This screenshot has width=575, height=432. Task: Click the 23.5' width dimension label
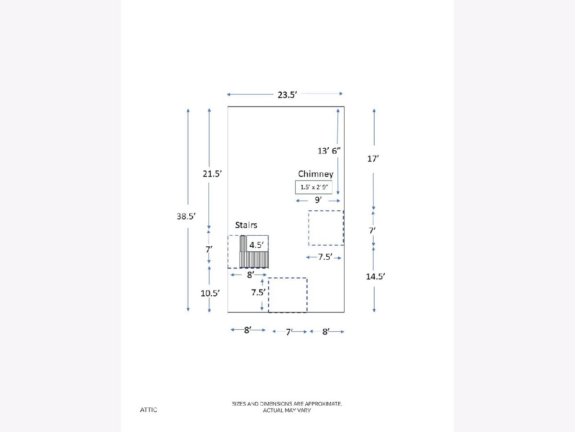[287, 95]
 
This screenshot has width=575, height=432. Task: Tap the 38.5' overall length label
[186, 216]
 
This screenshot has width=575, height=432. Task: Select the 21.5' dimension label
[212, 174]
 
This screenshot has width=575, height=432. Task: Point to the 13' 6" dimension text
[329, 151]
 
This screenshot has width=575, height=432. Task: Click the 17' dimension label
[373, 159]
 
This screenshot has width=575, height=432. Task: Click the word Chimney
[316, 174]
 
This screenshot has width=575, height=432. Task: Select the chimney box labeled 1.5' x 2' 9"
[314, 187]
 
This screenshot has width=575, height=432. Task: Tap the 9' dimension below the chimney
[318, 200]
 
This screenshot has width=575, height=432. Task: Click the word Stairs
[246, 225]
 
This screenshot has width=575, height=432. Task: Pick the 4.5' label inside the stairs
[256, 245]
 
